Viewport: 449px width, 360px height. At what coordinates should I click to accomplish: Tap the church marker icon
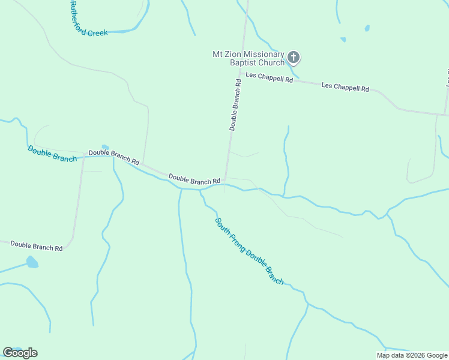click(x=293, y=58)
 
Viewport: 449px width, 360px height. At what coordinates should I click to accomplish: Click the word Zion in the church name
click(x=234, y=54)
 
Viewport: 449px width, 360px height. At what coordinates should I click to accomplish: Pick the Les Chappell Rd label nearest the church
click(x=269, y=78)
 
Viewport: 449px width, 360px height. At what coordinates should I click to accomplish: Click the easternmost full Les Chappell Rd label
click(x=345, y=87)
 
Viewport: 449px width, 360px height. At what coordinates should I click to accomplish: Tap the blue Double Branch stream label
click(x=52, y=154)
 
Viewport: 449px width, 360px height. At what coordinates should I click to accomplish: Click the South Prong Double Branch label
click(x=249, y=251)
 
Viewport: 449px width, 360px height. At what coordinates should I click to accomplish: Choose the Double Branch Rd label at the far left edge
click(x=37, y=245)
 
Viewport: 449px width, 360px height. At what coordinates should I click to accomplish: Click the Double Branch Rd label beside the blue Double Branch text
click(x=113, y=157)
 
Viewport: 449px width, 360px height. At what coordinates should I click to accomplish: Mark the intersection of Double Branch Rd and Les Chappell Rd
click(x=243, y=73)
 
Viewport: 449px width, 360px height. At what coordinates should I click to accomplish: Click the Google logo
click(x=20, y=353)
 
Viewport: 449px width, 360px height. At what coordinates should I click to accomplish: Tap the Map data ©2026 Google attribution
click(x=412, y=355)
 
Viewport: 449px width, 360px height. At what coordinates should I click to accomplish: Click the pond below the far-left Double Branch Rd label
click(x=32, y=262)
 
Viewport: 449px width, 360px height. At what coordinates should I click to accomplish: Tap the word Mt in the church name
click(x=218, y=54)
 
